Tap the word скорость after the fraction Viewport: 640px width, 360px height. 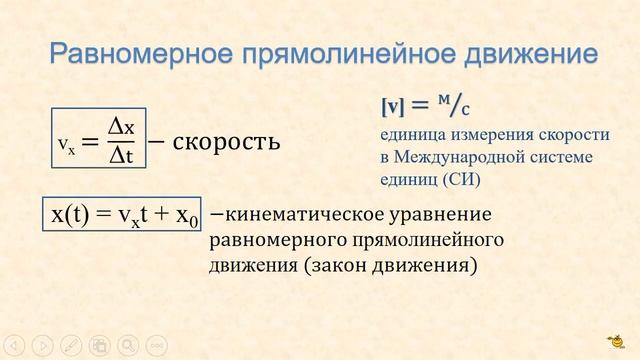[226, 141]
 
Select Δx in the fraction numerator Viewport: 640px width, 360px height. [122, 126]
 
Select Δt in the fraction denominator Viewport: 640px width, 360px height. [122, 156]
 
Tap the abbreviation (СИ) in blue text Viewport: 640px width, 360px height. [460, 180]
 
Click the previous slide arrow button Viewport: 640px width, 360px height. [14, 344]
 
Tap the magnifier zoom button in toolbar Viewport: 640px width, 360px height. [127, 344]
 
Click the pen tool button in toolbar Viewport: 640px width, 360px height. [70, 344]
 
